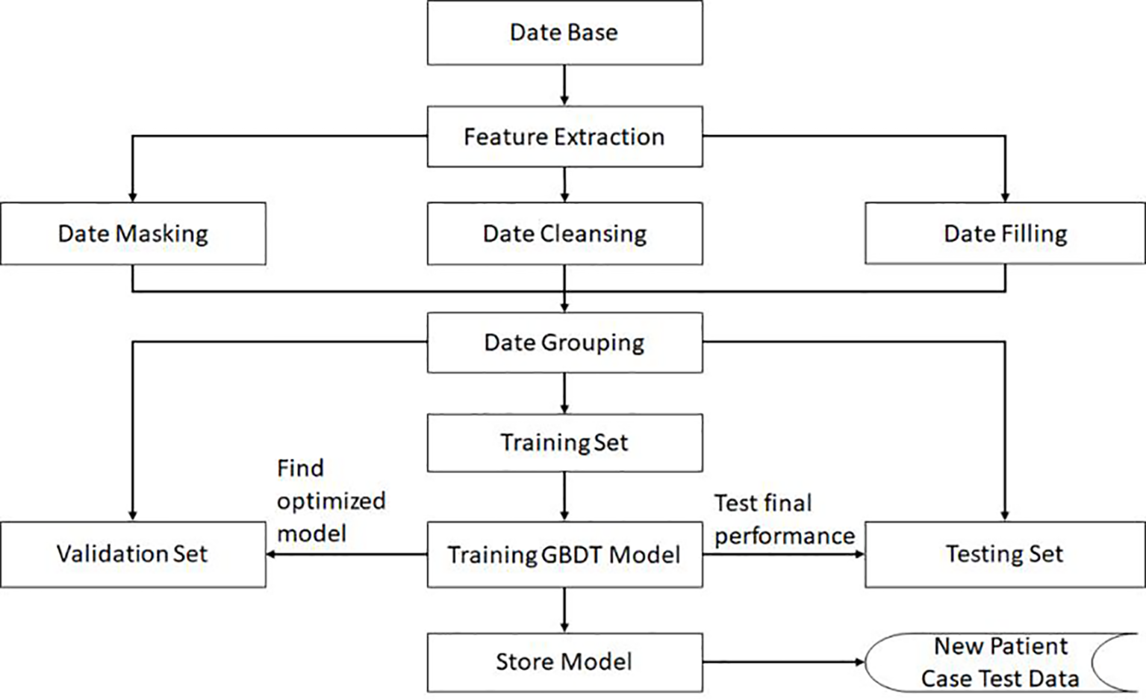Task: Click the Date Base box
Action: (564, 33)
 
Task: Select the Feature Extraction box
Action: (564, 137)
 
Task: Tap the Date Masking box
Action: (133, 234)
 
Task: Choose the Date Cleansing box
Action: (564, 234)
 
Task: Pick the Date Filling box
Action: (1005, 234)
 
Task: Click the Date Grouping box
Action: (564, 343)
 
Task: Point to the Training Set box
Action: (564, 442)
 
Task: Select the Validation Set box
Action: (133, 554)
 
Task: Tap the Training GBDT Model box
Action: (564, 554)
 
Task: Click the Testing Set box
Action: (1005, 554)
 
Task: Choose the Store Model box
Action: (564, 662)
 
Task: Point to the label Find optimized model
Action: (330, 501)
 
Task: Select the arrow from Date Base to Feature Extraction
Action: (564, 84)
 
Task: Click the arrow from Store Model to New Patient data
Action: (782, 662)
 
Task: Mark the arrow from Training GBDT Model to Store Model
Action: (564, 610)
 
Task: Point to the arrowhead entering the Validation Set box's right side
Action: (272, 554)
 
